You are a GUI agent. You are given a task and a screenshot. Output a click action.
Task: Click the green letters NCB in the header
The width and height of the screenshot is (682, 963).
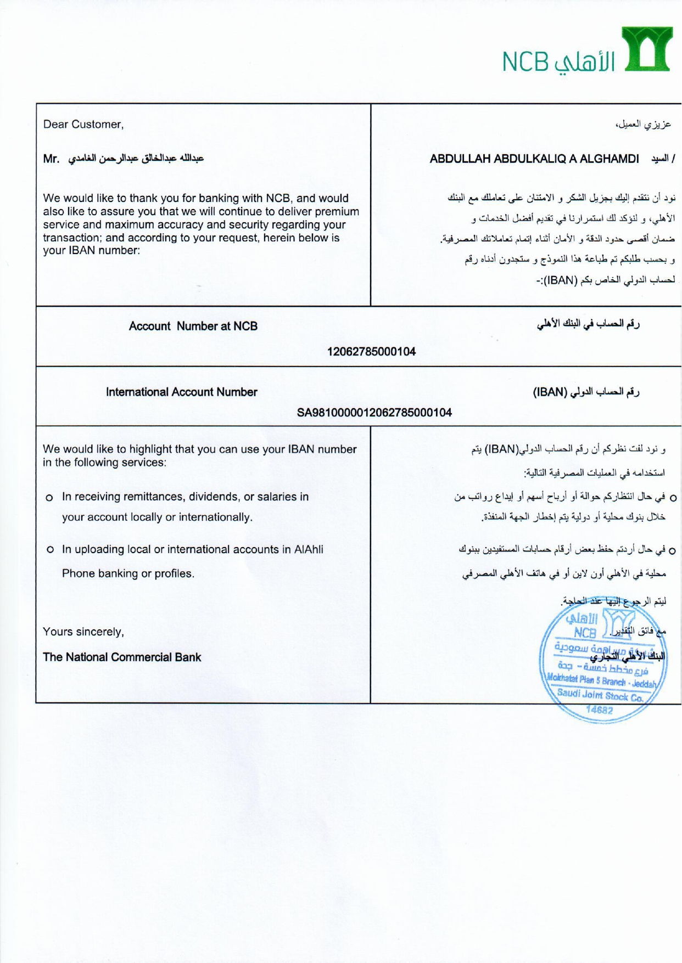pyautogui.click(x=525, y=62)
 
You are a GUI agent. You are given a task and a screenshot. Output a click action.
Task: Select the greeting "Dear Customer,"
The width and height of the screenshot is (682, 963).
pyautogui.click(x=83, y=125)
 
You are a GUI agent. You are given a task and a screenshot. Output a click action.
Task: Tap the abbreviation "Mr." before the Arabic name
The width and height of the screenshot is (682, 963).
pyautogui.click(x=51, y=159)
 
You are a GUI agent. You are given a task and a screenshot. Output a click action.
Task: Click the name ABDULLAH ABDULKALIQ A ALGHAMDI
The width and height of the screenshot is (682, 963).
pyautogui.click(x=534, y=159)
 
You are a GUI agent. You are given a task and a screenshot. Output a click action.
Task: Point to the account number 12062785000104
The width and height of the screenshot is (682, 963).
pyautogui.click(x=371, y=352)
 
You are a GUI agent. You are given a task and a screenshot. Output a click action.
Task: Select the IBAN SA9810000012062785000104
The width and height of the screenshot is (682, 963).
pyautogui.click(x=374, y=413)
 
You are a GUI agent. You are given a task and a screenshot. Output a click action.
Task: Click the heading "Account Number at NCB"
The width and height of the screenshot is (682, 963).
pyautogui.click(x=193, y=326)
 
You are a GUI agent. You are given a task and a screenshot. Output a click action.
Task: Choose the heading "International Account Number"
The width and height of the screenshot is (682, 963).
pyautogui.click(x=181, y=392)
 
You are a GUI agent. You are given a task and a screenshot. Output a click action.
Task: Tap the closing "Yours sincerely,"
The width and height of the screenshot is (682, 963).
pyautogui.click(x=83, y=632)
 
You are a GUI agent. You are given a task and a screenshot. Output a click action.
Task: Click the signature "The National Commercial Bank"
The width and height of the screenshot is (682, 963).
pyautogui.click(x=122, y=657)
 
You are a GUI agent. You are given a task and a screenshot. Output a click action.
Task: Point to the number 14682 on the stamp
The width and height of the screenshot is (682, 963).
pyautogui.click(x=599, y=709)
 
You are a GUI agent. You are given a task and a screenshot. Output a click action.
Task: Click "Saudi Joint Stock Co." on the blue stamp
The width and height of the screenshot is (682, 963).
pyautogui.click(x=600, y=696)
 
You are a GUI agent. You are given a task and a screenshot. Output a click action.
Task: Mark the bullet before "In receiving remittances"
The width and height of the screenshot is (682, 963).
pyautogui.click(x=49, y=498)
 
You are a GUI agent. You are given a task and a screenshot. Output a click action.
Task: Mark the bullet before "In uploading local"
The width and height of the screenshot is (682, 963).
pyautogui.click(x=49, y=550)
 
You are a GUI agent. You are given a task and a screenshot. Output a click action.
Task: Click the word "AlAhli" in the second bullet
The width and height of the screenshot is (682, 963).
pyautogui.click(x=309, y=550)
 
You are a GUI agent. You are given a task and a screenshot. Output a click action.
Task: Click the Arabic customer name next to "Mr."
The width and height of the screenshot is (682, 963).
pyautogui.click(x=136, y=159)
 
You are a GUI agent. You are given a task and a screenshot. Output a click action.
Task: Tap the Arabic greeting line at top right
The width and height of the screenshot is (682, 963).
pyautogui.click(x=643, y=125)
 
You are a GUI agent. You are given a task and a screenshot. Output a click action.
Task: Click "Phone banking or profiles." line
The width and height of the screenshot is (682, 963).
pyautogui.click(x=128, y=574)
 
